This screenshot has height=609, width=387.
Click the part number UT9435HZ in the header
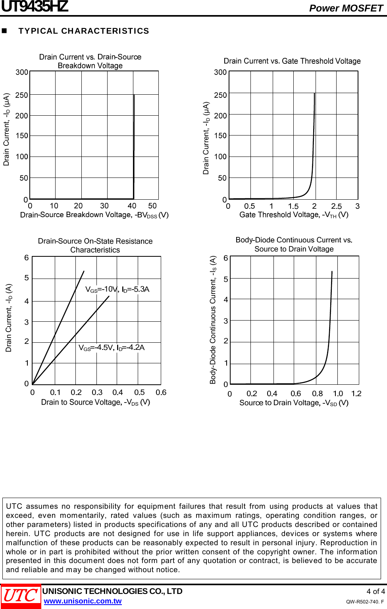pyautogui.click(x=35, y=7)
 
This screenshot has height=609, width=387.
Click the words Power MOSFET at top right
pyautogui.click(x=346, y=8)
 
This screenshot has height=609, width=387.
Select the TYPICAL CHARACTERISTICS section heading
pyautogui.click(x=84, y=31)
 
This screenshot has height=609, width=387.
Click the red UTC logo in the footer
pyautogui.click(x=21, y=596)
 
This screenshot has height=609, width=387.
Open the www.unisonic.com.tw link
pyautogui.click(x=83, y=601)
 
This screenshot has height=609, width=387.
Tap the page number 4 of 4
pyautogui.click(x=375, y=591)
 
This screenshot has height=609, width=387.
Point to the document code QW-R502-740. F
pyautogui.click(x=364, y=601)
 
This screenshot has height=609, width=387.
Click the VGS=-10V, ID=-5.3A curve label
pyautogui.click(x=117, y=289)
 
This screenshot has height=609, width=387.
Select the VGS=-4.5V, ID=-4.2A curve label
pyautogui.click(x=112, y=347)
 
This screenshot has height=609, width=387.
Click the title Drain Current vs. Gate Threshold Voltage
pyautogui.click(x=292, y=61)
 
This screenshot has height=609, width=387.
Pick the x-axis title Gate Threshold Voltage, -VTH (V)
pyautogui.click(x=294, y=215)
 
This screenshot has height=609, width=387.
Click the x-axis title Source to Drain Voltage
pyautogui.click(x=294, y=403)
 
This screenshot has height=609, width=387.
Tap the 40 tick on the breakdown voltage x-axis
pyautogui.click(x=132, y=206)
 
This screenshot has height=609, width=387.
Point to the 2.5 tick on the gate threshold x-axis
pyautogui.click(x=336, y=206)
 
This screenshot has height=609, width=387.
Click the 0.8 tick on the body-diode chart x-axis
pyautogui.click(x=317, y=393)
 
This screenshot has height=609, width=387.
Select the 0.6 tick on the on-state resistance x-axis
pyautogui.click(x=161, y=392)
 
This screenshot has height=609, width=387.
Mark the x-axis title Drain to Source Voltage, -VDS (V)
pyautogui.click(x=95, y=402)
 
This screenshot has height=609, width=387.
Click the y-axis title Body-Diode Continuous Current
pyautogui.click(x=213, y=320)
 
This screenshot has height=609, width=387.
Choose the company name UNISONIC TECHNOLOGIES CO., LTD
pyautogui.click(x=112, y=591)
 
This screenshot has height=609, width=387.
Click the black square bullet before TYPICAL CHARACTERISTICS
pyautogui.click(x=5, y=31)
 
